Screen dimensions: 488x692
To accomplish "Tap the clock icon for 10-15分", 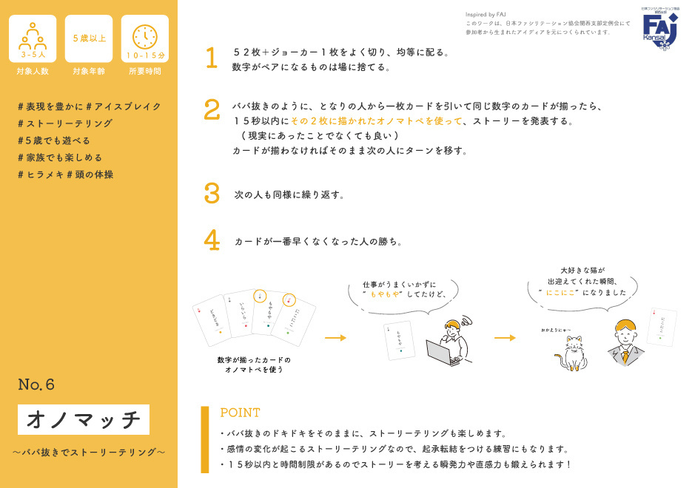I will (145, 35).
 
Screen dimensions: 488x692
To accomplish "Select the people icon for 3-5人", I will (33, 35).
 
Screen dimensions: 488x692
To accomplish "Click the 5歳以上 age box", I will (89, 38).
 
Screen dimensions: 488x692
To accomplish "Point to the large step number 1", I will (212, 58).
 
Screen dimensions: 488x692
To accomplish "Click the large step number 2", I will (212, 110).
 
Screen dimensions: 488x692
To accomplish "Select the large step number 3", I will (212, 194).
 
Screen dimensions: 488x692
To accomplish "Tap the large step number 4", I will (212, 240).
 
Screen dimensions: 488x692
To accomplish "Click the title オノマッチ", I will (84, 419).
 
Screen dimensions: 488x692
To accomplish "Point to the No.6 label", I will (37, 384).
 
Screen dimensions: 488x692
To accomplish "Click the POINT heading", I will (240, 413).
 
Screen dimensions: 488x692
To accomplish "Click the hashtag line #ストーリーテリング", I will (65, 123).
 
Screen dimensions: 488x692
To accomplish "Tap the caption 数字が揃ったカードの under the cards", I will (254, 359).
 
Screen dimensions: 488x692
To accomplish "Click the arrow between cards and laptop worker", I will (335, 338).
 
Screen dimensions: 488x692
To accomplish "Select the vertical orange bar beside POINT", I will (205, 439).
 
